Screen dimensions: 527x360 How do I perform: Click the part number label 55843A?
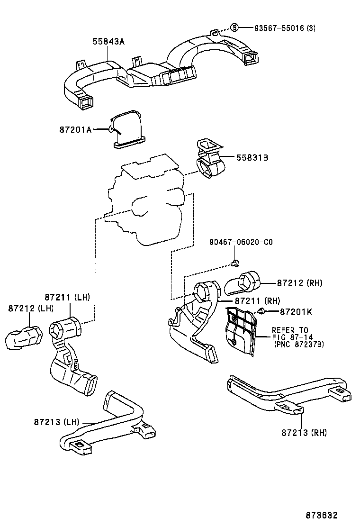pyautogui.click(x=108, y=42)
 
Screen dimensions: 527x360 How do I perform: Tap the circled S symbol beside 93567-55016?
pyautogui.click(x=234, y=28)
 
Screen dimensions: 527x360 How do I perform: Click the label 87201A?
pyautogui.click(x=75, y=129)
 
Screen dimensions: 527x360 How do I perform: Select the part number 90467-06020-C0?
pyautogui.click(x=241, y=242)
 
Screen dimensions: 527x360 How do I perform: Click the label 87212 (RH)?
pyautogui.click(x=299, y=283)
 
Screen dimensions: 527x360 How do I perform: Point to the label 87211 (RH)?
pyautogui.click(x=258, y=301)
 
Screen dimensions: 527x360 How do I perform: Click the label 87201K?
pyautogui.click(x=296, y=312)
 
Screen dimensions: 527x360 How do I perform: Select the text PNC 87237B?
pyautogui.click(x=299, y=345)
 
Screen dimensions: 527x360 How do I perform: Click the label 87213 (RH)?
pyautogui.click(x=304, y=432)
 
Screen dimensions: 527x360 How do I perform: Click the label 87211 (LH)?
pyautogui.click(x=67, y=297)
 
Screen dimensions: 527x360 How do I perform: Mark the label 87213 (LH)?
pyautogui.click(x=56, y=421)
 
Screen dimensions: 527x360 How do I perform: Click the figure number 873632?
pyautogui.click(x=322, y=515)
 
